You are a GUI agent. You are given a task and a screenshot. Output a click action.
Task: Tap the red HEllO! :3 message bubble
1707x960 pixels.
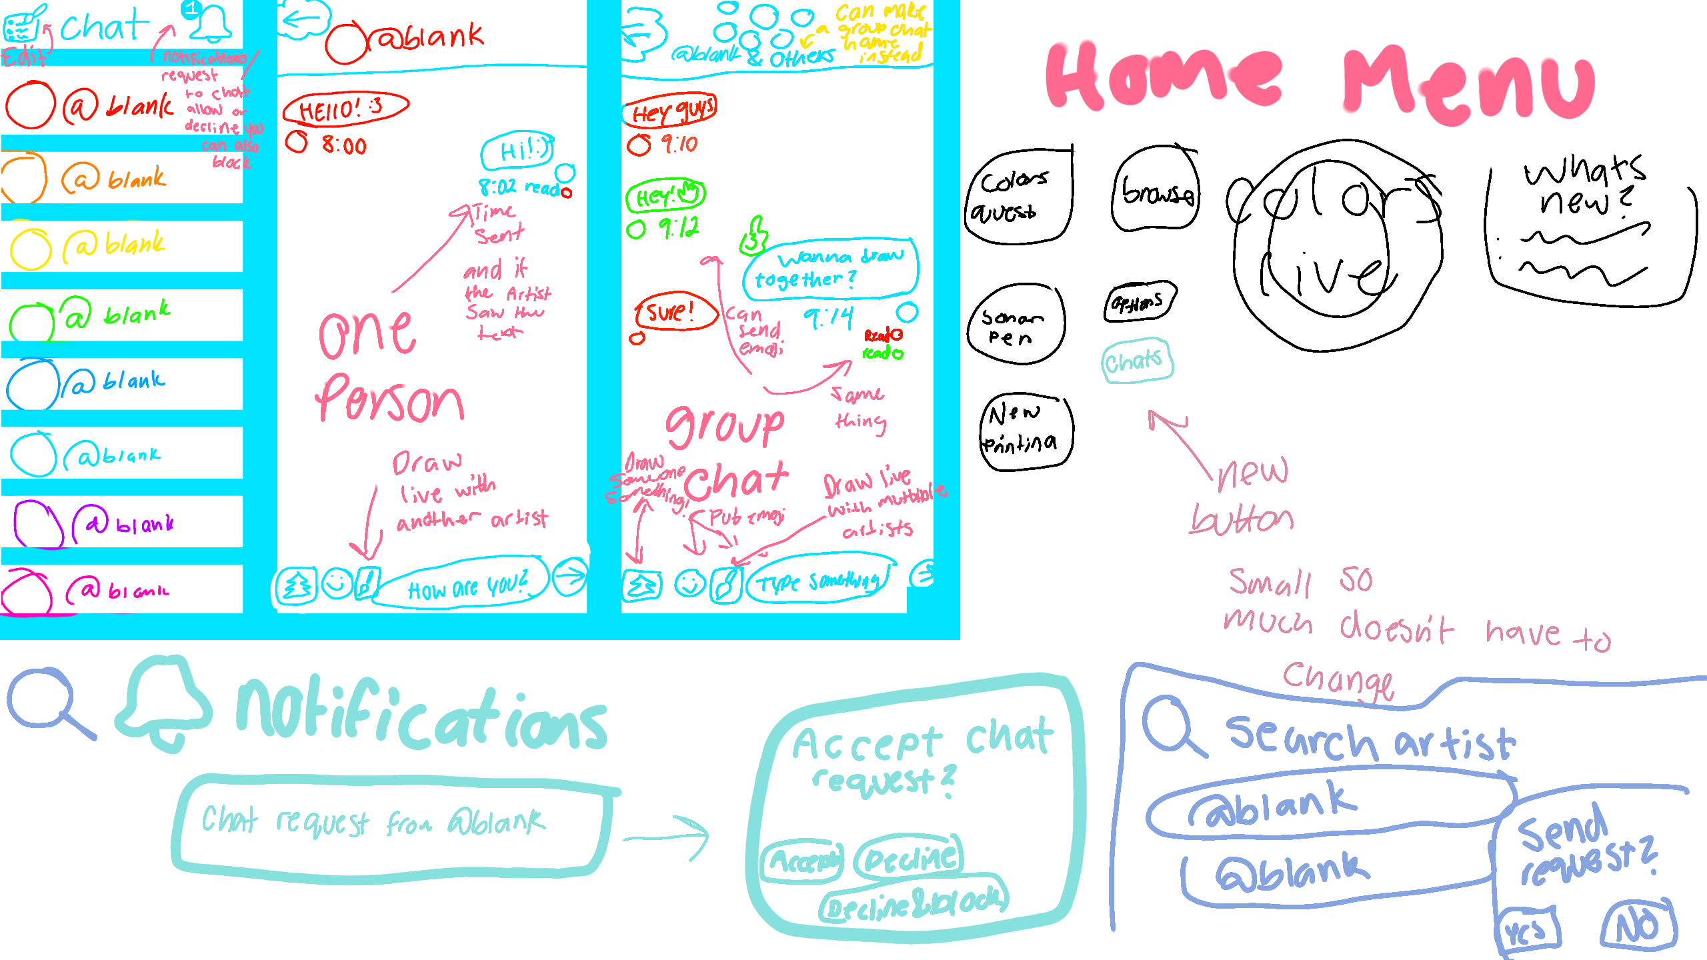pos(345,109)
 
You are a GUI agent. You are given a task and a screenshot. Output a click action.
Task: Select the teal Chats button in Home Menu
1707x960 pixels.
pos(1136,361)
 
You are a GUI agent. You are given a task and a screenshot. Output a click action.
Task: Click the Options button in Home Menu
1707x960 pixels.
pos(1139,302)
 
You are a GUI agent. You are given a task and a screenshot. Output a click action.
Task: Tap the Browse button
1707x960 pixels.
pos(1156,191)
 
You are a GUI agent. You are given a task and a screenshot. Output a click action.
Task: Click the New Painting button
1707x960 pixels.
pos(1026,431)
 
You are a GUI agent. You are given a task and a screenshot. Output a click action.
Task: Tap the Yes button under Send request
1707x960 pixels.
pos(1528,929)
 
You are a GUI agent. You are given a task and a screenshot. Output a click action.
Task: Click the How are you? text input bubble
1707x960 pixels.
pos(464,585)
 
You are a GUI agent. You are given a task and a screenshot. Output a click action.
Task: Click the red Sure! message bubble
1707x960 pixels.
pos(673,312)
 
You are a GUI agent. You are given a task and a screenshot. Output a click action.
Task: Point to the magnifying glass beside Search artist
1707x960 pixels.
pos(1170,727)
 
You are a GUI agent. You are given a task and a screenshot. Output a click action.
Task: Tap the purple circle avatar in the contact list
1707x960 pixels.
pos(37,524)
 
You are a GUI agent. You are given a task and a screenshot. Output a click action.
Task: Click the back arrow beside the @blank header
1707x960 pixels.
pos(304,20)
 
